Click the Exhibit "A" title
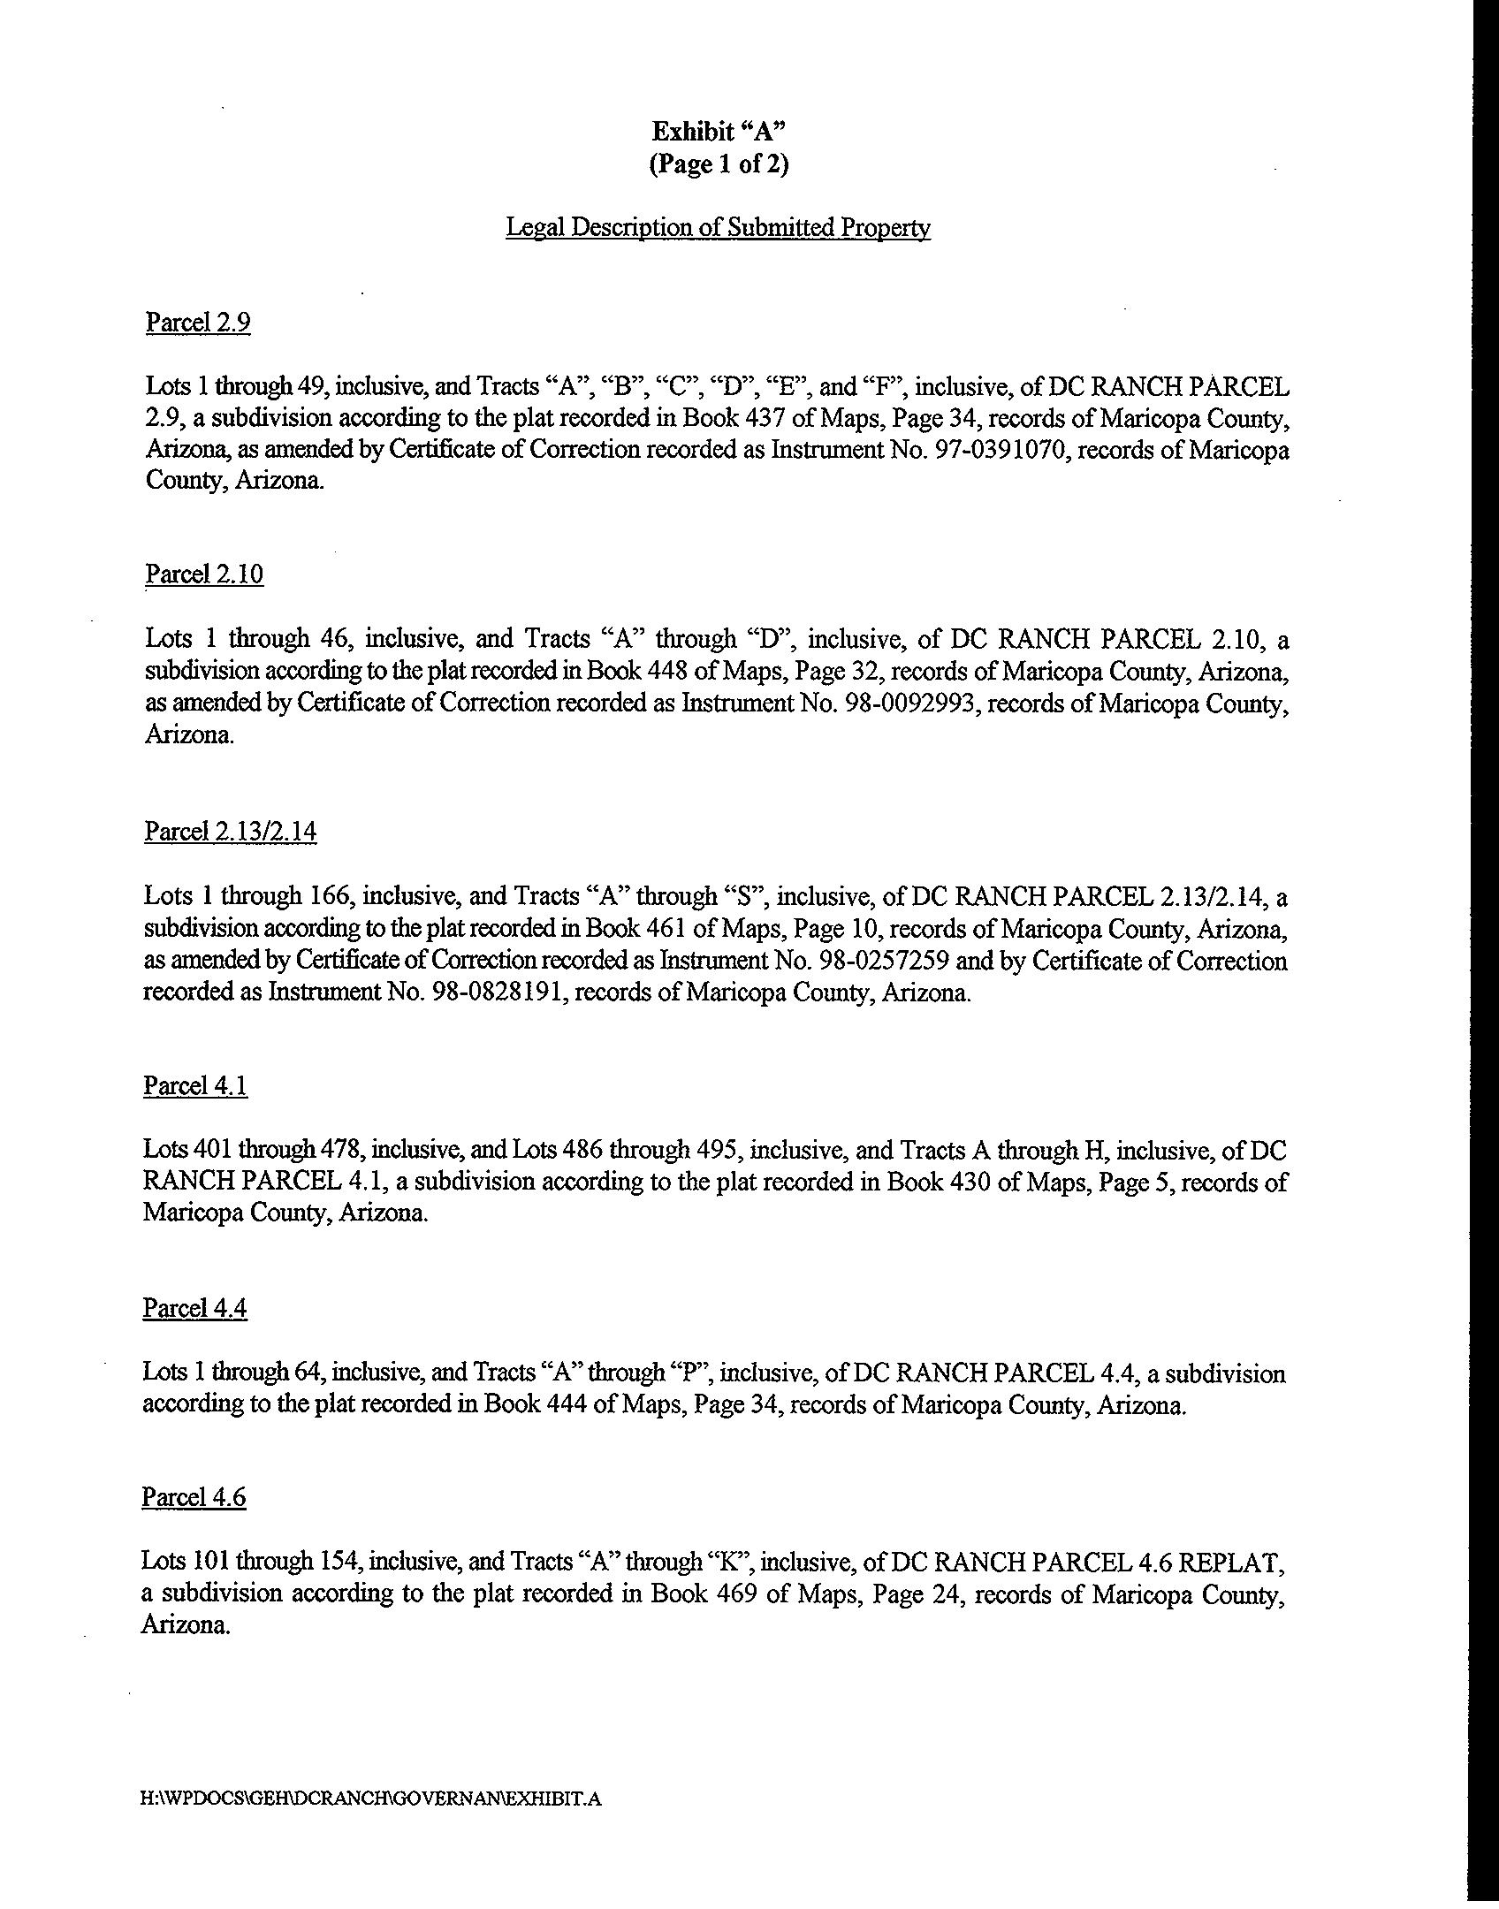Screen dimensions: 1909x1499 tap(719, 132)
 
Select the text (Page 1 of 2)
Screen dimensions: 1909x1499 tap(719, 164)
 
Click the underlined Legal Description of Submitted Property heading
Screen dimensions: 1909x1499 tap(718, 228)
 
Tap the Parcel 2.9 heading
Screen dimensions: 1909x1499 tap(198, 323)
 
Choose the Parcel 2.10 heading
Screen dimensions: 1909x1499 tap(204, 574)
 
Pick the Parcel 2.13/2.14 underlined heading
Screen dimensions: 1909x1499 tap(230, 832)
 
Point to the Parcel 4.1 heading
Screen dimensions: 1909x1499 tap(195, 1085)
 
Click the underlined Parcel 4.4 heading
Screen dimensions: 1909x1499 tap(194, 1308)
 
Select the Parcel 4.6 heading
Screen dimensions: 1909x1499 tap(194, 1497)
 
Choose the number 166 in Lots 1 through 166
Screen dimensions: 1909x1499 tap(331, 897)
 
